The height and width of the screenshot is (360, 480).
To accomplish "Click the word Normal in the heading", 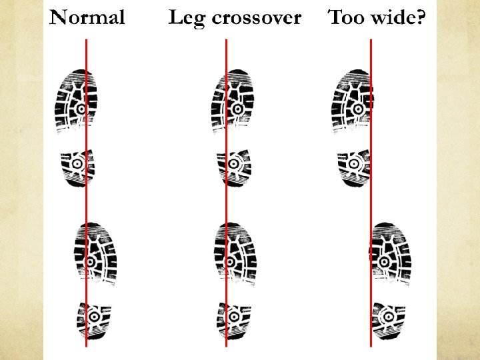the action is coord(87,17).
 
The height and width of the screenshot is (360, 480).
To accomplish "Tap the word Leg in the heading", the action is coord(187,17).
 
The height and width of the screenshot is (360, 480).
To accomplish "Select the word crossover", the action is coord(256,17).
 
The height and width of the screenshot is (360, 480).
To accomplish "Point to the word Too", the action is coord(345,17).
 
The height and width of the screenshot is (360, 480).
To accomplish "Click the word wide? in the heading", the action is coord(398,17).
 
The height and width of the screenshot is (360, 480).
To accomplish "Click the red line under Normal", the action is coord(86,200).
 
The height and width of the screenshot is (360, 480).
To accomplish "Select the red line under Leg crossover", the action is coord(226,200).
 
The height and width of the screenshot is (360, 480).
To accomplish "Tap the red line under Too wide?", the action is coord(371,200).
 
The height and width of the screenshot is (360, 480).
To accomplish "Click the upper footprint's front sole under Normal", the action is coord(77,100).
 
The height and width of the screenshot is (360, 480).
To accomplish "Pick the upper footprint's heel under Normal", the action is coord(78,166).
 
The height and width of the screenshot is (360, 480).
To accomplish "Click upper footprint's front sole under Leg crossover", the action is coord(231,100).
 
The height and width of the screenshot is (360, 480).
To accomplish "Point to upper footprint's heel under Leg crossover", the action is coord(233,166).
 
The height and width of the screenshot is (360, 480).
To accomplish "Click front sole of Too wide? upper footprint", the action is coord(351,100).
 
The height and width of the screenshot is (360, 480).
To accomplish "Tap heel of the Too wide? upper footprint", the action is coord(353,166).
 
